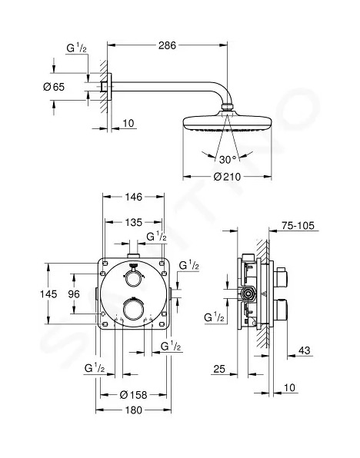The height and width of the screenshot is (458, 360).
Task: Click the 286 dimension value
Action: (x=167, y=45)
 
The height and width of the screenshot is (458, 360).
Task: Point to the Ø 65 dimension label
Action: (x=54, y=87)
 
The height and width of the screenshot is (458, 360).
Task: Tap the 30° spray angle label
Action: (x=228, y=160)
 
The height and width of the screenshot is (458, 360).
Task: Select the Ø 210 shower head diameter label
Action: (x=227, y=177)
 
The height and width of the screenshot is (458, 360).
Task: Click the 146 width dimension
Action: (x=134, y=197)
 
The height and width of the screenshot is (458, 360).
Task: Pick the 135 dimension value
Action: (x=134, y=222)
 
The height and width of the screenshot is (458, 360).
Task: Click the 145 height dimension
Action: (x=48, y=294)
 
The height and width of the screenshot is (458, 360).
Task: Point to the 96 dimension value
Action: (x=74, y=294)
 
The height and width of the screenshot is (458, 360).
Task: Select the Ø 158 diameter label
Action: (x=133, y=395)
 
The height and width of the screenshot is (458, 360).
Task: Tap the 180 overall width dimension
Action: (x=134, y=410)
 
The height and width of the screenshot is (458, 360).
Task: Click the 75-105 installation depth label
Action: (x=298, y=225)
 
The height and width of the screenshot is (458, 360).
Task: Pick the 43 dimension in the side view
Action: (x=304, y=350)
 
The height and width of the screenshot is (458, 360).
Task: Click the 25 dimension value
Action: (x=219, y=369)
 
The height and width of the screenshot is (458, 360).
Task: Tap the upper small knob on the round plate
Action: (x=133, y=277)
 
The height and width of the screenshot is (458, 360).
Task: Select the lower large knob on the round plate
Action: (x=133, y=309)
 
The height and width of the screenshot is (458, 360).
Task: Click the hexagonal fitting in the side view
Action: (x=248, y=294)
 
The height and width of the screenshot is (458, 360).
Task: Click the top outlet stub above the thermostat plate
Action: (x=133, y=256)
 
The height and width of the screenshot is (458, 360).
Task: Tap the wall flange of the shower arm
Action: (x=109, y=87)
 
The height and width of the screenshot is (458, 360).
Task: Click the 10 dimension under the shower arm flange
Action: (x=128, y=123)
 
